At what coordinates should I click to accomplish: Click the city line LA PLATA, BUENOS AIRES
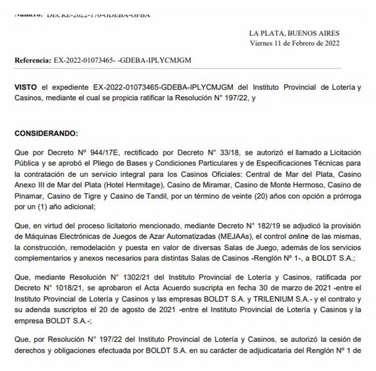pyautogui.click(x=294, y=33)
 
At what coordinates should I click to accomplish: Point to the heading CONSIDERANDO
pyautogui.click(x=46, y=134)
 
